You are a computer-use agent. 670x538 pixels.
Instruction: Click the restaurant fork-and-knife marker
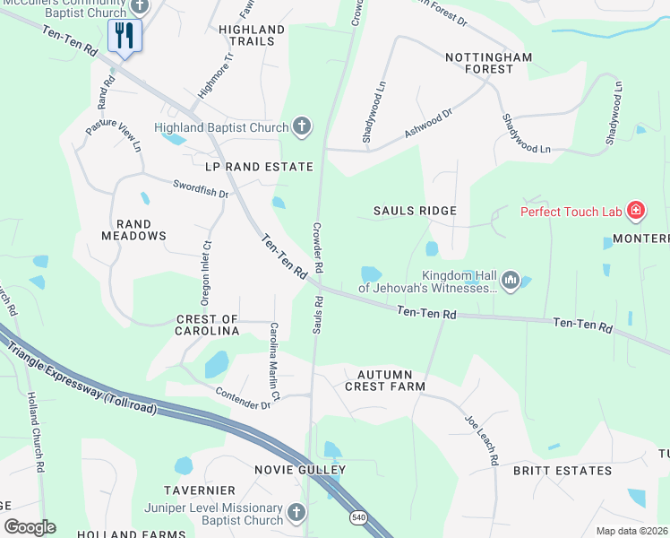[124, 36]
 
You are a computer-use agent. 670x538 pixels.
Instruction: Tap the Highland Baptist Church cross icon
[303, 127]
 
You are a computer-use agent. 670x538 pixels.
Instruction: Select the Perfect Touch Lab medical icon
[636, 212]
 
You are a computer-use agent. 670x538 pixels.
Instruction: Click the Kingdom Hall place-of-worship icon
[511, 282]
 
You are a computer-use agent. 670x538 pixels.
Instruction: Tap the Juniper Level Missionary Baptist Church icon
[296, 514]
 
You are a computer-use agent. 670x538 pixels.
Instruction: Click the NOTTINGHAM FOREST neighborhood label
[489, 65]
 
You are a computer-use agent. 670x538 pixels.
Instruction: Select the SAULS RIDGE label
[415, 211]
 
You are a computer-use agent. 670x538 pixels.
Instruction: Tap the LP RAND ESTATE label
[260, 167]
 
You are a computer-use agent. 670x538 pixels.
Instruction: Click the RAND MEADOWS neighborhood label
[140, 230]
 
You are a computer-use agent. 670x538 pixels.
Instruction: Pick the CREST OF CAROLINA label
[207, 325]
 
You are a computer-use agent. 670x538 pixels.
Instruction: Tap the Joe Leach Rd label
[481, 440]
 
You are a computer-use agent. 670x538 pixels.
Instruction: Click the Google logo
[30, 527]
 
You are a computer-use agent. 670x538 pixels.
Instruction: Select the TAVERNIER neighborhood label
[199, 490]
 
